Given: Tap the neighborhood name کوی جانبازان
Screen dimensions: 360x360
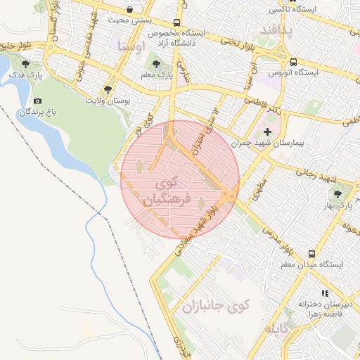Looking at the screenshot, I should (x=217, y=307).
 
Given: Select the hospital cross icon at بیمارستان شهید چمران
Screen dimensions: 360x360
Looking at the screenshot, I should (x=266, y=132).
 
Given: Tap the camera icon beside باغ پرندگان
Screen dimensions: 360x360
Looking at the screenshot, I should (x=37, y=102).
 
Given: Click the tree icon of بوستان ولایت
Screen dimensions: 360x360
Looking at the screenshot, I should (x=107, y=89).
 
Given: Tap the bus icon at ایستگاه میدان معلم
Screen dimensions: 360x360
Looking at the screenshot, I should (x=311, y=254).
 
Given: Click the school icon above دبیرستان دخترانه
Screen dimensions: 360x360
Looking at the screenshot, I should (x=324, y=293).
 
